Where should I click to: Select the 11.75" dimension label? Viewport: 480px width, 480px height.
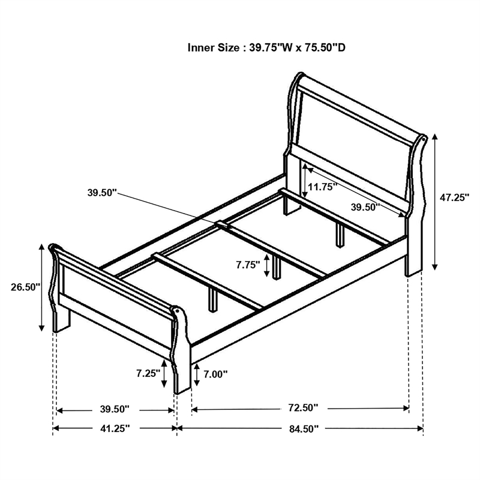(x=322, y=187)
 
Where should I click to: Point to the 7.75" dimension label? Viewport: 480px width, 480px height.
(x=247, y=264)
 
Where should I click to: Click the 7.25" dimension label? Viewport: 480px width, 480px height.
(x=147, y=373)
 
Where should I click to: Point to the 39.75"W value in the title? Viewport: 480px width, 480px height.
(x=268, y=47)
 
